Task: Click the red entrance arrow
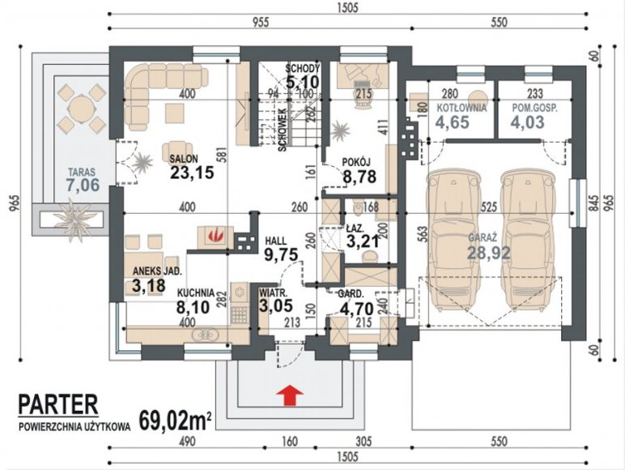pyautogui.click(x=290, y=395)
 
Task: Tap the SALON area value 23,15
pyautogui.click(x=192, y=173)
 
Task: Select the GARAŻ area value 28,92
pyautogui.click(x=489, y=253)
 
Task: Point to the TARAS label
pyautogui.click(x=81, y=173)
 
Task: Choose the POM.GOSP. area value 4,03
pyautogui.click(x=527, y=122)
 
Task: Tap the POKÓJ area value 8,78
pyautogui.click(x=359, y=177)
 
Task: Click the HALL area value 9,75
pyautogui.click(x=282, y=254)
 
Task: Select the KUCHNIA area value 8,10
pyautogui.click(x=193, y=307)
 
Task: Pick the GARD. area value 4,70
pyautogui.click(x=357, y=309)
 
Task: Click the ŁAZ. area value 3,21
pyautogui.click(x=362, y=241)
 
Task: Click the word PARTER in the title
pyautogui.click(x=58, y=404)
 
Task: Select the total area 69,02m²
pyautogui.click(x=176, y=420)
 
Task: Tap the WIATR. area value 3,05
pyautogui.click(x=276, y=305)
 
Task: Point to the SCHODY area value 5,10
pyautogui.click(x=303, y=82)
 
